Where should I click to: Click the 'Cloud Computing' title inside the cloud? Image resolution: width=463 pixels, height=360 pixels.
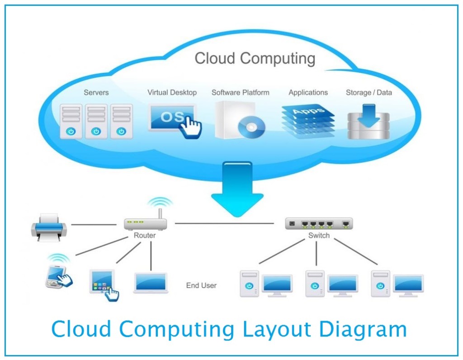[255, 59]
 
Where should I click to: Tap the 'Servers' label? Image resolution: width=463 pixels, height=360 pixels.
[96, 93]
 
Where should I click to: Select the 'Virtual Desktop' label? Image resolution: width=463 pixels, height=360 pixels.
[172, 93]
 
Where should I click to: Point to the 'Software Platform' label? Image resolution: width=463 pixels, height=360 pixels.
[240, 93]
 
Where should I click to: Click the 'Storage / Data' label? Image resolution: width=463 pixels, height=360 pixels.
[369, 93]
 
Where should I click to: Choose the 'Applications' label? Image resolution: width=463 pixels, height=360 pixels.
[308, 93]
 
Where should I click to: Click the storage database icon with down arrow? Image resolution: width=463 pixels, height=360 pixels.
[368, 121]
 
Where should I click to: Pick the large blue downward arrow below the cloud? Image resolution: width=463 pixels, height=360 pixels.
[237, 188]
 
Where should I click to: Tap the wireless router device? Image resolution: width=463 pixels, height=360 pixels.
[145, 222]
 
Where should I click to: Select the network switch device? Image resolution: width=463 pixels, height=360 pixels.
[319, 223]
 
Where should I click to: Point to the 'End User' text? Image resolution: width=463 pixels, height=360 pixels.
[201, 285]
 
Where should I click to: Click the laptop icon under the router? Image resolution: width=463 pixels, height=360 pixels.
[151, 283]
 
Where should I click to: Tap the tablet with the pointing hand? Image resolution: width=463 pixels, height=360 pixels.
[103, 284]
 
